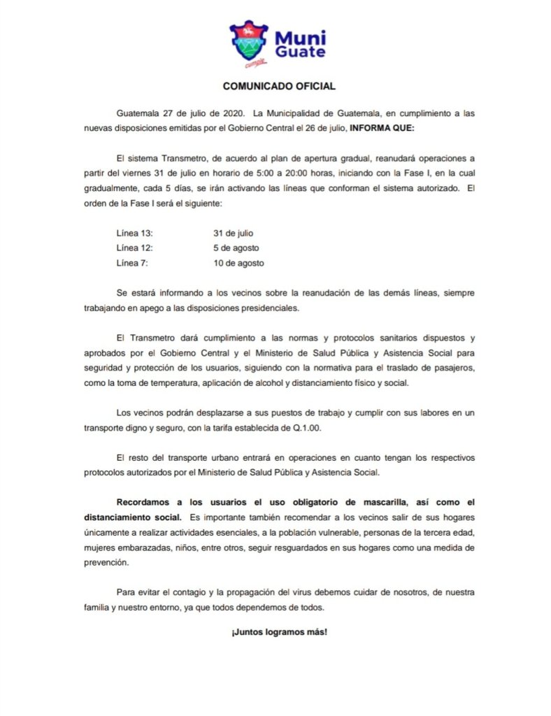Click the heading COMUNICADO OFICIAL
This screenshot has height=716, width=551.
point(279,87)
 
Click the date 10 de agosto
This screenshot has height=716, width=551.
point(240,263)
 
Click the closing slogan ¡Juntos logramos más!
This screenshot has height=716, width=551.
point(279,631)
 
